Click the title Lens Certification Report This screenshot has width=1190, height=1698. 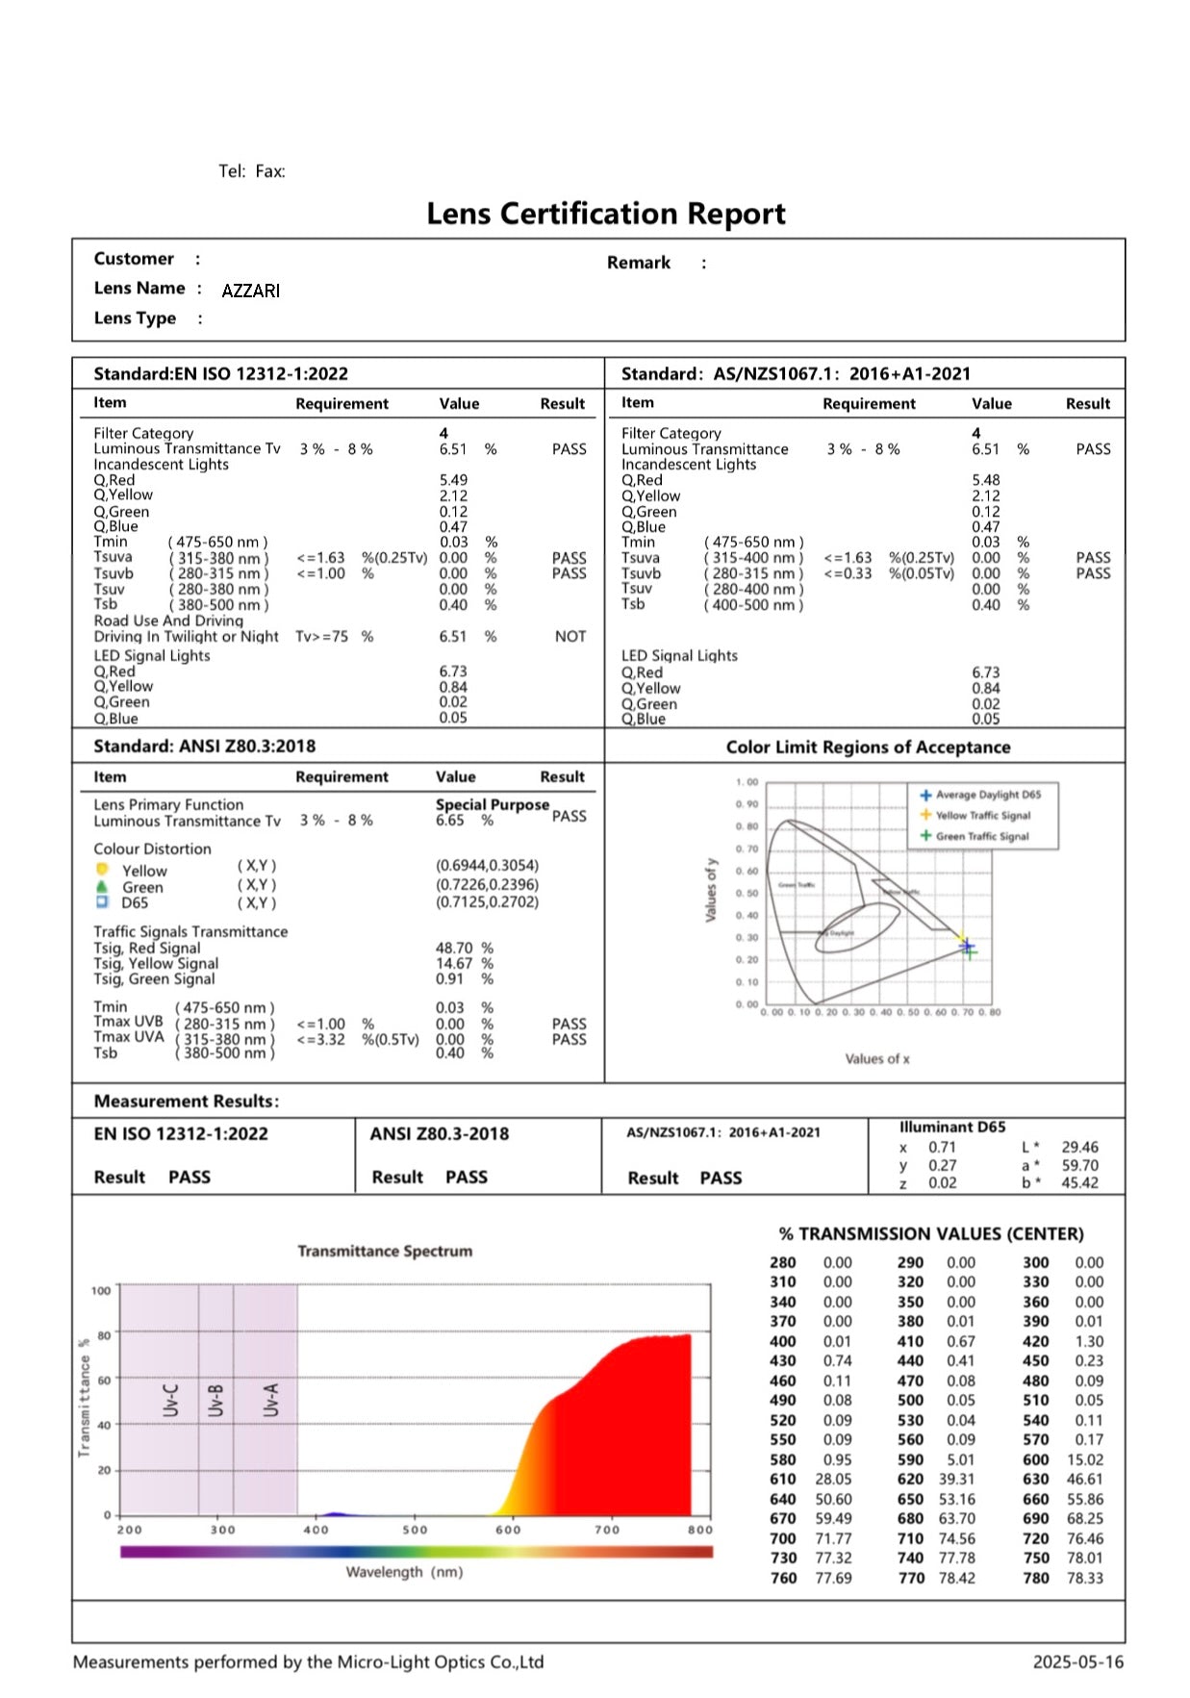tap(605, 214)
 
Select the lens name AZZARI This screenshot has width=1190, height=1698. tap(250, 291)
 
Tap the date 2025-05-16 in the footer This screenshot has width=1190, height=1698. tap(1077, 1661)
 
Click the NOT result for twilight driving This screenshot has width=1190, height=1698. tap(570, 637)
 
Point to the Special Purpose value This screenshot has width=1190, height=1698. tap(492, 804)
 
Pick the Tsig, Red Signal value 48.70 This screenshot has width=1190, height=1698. tap(454, 948)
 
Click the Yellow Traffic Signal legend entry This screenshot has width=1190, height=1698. tap(982, 815)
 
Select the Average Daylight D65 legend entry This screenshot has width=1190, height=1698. tap(987, 795)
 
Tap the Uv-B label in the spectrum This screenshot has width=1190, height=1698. tap(215, 1400)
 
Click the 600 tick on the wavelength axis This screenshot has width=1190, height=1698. tap(508, 1530)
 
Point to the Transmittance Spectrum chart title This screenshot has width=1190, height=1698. tap(385, 1251)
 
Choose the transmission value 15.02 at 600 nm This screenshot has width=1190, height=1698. tap(1085, 1459)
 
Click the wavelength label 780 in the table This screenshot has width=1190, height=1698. tap(1036, 1578)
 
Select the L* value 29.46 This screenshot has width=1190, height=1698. tap(1079, 1147)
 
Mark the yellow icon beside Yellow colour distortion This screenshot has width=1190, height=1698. tap(102, 870)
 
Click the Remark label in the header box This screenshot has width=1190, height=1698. tap(638, 263)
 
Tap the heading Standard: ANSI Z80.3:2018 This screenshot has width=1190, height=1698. tap(204, 747)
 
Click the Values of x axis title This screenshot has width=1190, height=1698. tap(876, 1059)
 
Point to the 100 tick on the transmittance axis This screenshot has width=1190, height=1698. tap(101, 1290)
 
